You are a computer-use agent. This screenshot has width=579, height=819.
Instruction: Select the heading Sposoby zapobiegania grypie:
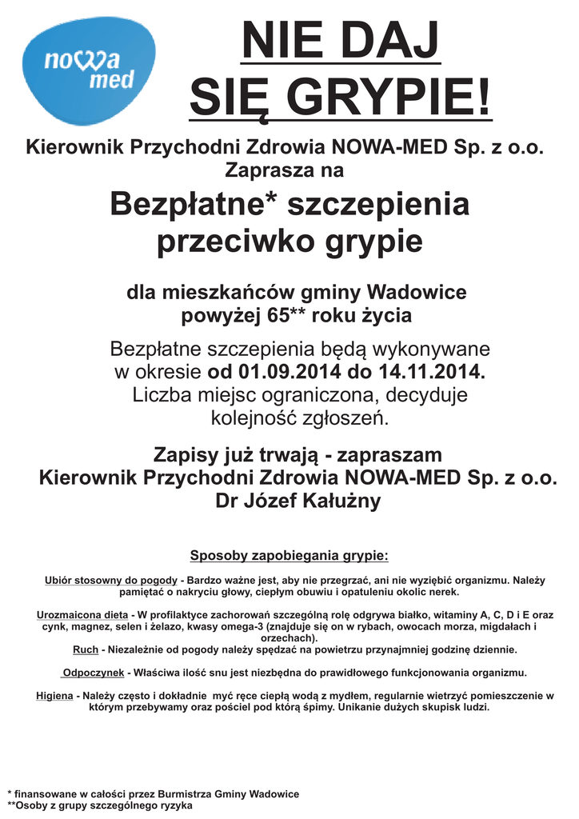click(x=289, y=555)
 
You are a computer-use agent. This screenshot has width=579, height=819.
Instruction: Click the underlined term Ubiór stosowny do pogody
click(x=111, y=579)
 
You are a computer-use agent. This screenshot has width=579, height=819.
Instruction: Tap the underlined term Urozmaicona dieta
click(x=82, y=614)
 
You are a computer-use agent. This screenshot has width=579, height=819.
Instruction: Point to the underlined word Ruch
click(x=86, y=649)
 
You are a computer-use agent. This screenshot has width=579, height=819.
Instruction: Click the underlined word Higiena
click(x=54, y=696)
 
